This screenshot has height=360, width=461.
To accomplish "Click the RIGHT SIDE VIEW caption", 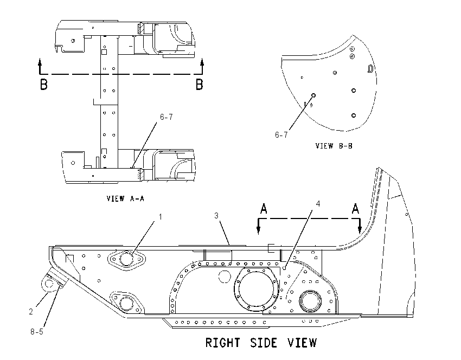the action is (261, 343).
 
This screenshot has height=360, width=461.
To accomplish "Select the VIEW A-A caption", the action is (125, 198).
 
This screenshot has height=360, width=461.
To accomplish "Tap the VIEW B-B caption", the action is (334, 146).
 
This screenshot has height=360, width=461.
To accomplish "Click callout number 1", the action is (160, 217).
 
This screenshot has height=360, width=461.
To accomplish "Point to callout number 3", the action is (216, 216).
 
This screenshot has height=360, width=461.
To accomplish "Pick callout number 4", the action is (318, 204).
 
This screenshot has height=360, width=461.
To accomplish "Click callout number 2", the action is (31, 311).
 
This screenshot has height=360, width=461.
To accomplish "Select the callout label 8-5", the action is (37, 332).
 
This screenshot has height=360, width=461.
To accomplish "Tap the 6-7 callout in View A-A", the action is (167, 117).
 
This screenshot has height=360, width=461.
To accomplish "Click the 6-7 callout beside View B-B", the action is (281, 135).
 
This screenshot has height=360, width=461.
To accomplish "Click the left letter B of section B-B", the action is (43, 85).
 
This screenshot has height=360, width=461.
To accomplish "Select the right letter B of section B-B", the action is (200, 85).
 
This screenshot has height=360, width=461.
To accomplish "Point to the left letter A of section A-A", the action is (264, 209).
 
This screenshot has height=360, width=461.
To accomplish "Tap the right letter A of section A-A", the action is (355, 209).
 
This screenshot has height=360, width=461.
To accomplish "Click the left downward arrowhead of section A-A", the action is (258, 231).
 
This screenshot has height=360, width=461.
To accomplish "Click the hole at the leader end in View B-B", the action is (313, 95).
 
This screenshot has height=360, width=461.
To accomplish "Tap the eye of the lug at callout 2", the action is (49, 284).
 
